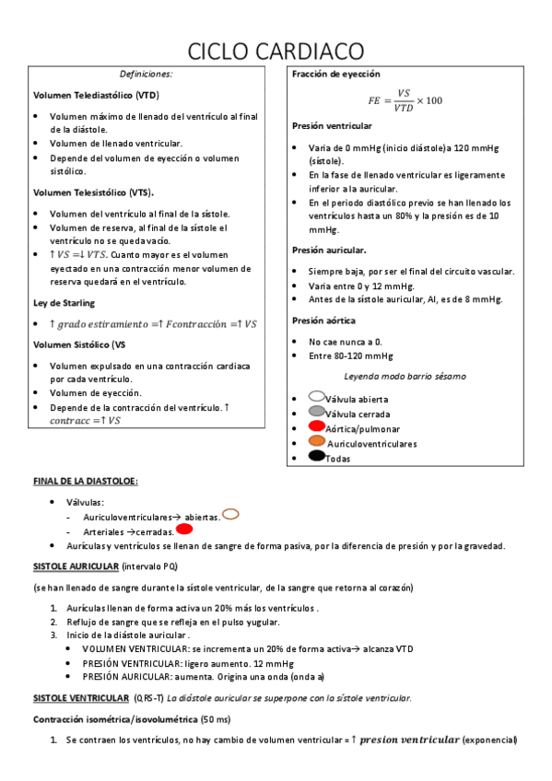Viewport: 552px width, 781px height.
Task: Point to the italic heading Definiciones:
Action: tap(146, 74)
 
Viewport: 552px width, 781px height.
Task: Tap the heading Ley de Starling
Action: tap(64, 303)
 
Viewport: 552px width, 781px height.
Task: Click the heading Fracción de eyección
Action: tap(335, 74)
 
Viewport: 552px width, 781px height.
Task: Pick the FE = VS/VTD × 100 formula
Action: tap(405, 100)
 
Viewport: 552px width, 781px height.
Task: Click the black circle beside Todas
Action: tap(317, 456)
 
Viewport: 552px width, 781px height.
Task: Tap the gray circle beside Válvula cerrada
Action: tap(317, 412)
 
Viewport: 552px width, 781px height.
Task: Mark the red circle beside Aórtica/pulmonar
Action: tap(317, 427)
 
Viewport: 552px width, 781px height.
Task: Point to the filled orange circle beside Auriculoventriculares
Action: tap(317, 441)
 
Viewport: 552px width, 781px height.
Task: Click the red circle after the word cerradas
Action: tap(183, 530)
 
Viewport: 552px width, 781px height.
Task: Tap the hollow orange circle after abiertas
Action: tap(230, 514)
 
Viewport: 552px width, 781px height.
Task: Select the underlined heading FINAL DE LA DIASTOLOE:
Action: tap(86, 481)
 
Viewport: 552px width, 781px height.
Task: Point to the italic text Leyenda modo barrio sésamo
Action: tap(405, 376)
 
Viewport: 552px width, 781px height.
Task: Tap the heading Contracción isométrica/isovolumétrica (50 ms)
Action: tap(132, 718)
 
